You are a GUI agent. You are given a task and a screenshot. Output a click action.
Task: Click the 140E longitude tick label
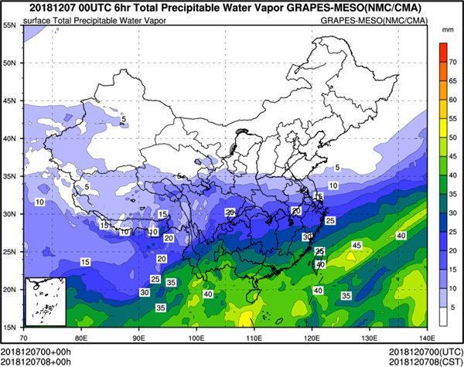425,338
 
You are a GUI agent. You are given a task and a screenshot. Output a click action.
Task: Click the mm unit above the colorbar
447,29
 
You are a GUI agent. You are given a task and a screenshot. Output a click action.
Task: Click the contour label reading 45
357,246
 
